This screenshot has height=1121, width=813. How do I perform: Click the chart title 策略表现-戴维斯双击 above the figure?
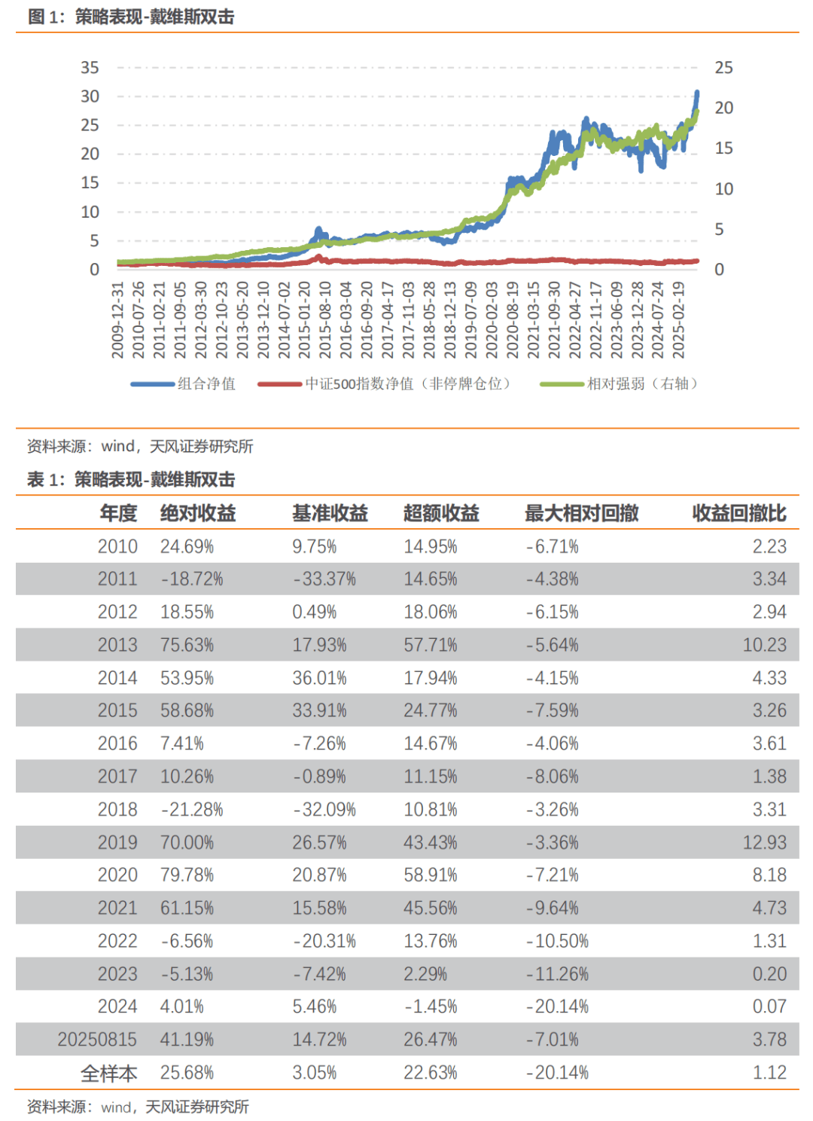[154, 17]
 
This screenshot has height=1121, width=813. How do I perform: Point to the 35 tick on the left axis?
[90, 68]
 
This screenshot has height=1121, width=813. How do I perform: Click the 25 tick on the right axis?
[723, 68]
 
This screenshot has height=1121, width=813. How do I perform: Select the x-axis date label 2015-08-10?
[325, 319]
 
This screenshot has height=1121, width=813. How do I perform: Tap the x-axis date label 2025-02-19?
[678, 319]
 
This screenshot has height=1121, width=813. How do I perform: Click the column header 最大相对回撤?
[581, 513]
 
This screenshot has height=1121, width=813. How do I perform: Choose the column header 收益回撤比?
[739, 513]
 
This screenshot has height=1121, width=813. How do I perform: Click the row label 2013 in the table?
[117, 645]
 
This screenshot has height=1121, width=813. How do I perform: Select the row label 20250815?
[97, 1040]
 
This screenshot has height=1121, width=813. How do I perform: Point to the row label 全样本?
[109, 1073]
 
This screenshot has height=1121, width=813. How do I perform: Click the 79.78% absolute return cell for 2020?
[187, 875]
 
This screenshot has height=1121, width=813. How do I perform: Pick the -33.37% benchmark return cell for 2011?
[324, 579]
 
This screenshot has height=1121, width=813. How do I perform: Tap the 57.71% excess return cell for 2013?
[431, 645]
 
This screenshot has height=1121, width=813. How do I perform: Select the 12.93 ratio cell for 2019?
[765, 842]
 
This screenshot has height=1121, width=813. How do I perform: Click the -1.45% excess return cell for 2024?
[431, 1006]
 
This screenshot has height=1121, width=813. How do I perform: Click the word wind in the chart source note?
[117, 446]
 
